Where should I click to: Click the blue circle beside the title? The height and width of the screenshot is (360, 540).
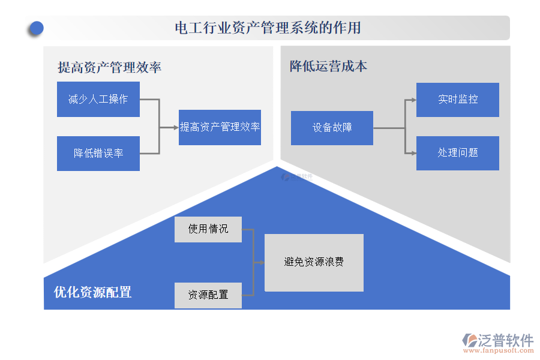37,28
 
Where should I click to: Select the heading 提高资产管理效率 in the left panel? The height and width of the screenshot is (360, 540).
109,67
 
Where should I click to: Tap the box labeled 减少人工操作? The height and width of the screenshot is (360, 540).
98,100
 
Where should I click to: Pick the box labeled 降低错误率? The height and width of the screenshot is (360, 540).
98,153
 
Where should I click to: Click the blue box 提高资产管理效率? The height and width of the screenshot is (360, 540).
220,127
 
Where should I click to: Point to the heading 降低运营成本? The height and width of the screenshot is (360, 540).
328,66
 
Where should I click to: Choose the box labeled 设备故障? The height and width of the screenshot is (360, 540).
332,128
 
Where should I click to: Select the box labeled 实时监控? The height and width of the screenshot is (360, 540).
458,100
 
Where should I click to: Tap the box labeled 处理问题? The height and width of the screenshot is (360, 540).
458,153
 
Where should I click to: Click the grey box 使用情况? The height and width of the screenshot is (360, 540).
208,229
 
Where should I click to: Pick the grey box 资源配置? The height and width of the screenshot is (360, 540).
208,295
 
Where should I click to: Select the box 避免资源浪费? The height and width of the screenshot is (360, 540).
314,262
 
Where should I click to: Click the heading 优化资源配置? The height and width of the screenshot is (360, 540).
93,292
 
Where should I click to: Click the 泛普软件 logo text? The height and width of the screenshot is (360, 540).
506,340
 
